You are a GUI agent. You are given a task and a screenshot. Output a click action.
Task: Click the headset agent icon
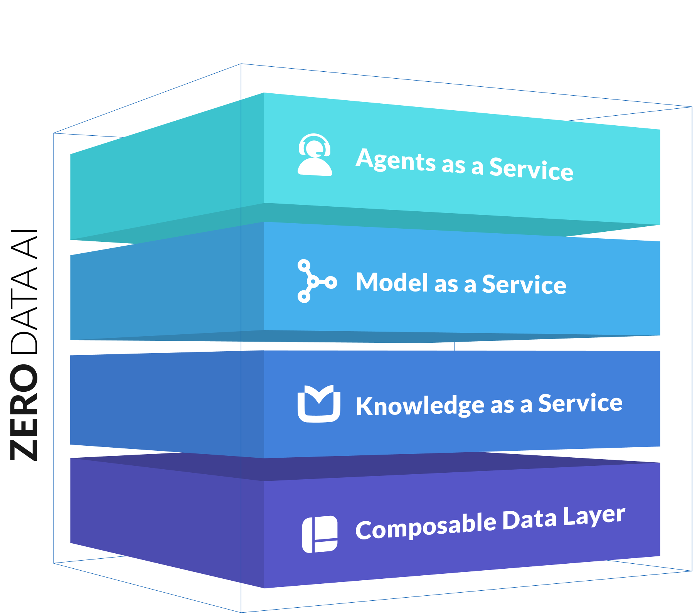[315, 155]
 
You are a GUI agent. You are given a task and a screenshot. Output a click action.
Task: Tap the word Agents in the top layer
[396, 160]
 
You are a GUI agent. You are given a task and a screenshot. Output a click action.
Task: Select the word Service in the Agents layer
[531, 169]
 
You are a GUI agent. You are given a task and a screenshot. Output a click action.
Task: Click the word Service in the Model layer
[524, 285]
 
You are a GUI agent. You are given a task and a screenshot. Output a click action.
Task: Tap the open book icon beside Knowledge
[319, 403]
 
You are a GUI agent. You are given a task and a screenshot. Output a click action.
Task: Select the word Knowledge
[420, 406]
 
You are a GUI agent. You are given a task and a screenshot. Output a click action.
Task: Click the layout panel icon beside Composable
[320, 534]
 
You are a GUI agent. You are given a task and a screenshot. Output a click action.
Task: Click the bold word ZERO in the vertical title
[24, 413]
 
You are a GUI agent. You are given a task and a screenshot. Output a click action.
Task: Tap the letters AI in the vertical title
[24, 244]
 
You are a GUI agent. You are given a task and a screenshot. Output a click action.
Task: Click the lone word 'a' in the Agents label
[477, 167]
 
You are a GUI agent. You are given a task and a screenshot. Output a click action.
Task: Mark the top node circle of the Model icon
[304, 266]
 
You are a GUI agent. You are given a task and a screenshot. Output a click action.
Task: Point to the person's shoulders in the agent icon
[315, 167]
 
